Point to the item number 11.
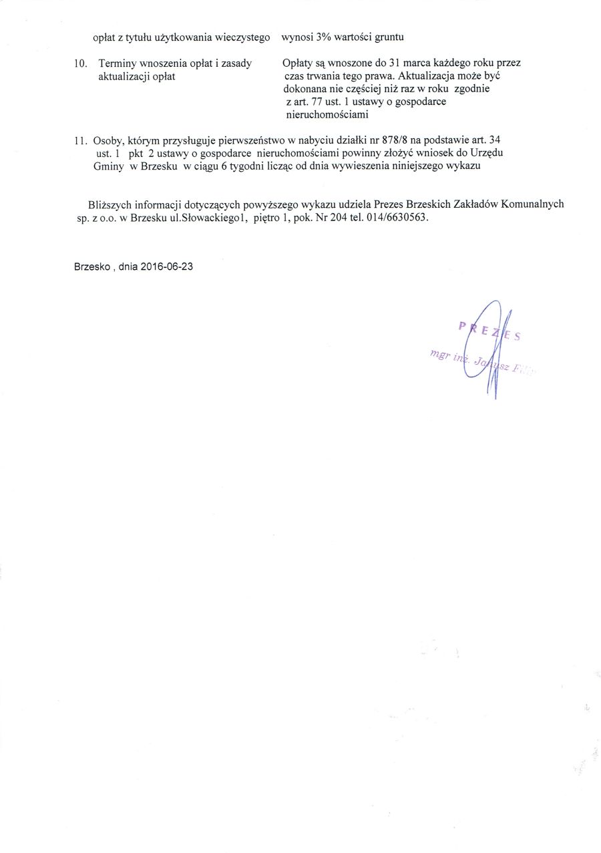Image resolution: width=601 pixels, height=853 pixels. (81, 141)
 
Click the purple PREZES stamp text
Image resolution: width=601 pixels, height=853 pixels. (489, 331)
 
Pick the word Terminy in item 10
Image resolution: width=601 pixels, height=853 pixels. (118, 63)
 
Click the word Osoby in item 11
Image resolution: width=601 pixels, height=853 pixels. (107, 141)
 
